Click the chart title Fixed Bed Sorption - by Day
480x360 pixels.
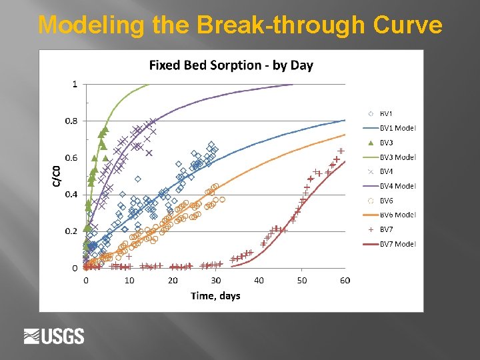coord(231,65)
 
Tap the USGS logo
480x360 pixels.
coord(54,336)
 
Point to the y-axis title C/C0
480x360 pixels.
coord(57,175)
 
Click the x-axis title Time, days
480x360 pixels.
coord(215,295)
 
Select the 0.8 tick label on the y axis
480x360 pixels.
coord(70,121)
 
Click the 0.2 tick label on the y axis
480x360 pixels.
coord(70,231)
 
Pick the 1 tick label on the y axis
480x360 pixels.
coord(75,84)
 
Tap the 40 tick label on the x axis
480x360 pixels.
coord(259,281)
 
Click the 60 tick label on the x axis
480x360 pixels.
coord(345,281)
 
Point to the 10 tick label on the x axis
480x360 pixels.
coord(129,281)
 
